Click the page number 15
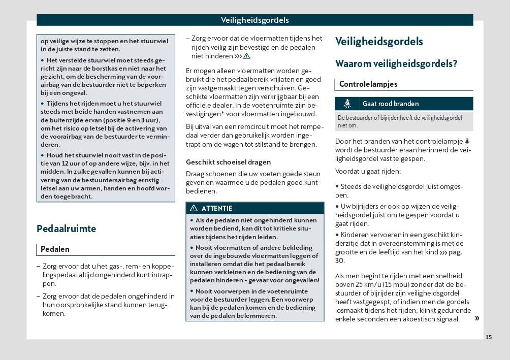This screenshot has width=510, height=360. [x=489, y=337]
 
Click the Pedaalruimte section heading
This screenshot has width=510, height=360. [x=66, y=228]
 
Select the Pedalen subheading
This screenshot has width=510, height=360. [x=55, y=249]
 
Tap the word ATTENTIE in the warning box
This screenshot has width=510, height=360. [x=217, y=208]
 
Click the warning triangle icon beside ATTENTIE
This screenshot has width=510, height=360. [x=194, y=208]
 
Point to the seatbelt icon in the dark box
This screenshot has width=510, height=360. [x=348, y=104]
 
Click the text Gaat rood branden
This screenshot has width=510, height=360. [x=390, y=104]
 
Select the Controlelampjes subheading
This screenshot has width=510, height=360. [x=368, y=84]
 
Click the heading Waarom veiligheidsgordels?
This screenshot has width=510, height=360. [x=396, y=64]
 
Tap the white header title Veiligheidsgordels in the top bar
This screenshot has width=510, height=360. [x=255, y=20]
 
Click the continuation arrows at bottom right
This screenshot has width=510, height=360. [x=476, y=318]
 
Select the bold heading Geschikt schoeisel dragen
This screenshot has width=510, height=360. [x=228, y=162]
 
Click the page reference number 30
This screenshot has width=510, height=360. [x=340, y=260]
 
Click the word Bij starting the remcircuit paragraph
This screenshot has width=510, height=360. [x=190, y=126]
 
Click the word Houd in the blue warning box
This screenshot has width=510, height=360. [x=55, y=155]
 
